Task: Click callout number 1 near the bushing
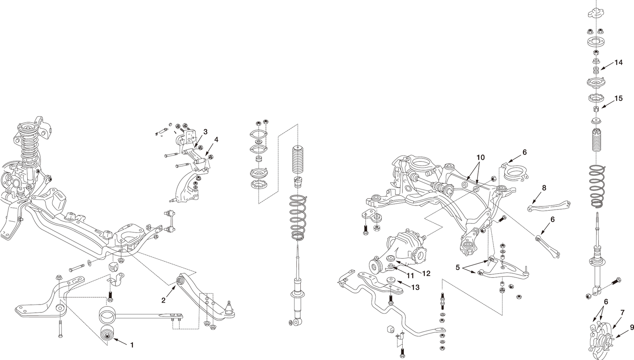click(132, 345)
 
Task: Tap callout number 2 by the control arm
click(163, 300)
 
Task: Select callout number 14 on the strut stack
click(618, 63)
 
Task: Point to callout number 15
click(618, 99)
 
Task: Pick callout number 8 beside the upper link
click(544, 188)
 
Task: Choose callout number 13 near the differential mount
click(415, 288)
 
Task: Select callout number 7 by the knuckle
click(623, 312)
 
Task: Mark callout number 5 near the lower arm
click(458, 267)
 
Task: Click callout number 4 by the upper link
click(216, 140)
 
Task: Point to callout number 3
click(206, 131)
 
